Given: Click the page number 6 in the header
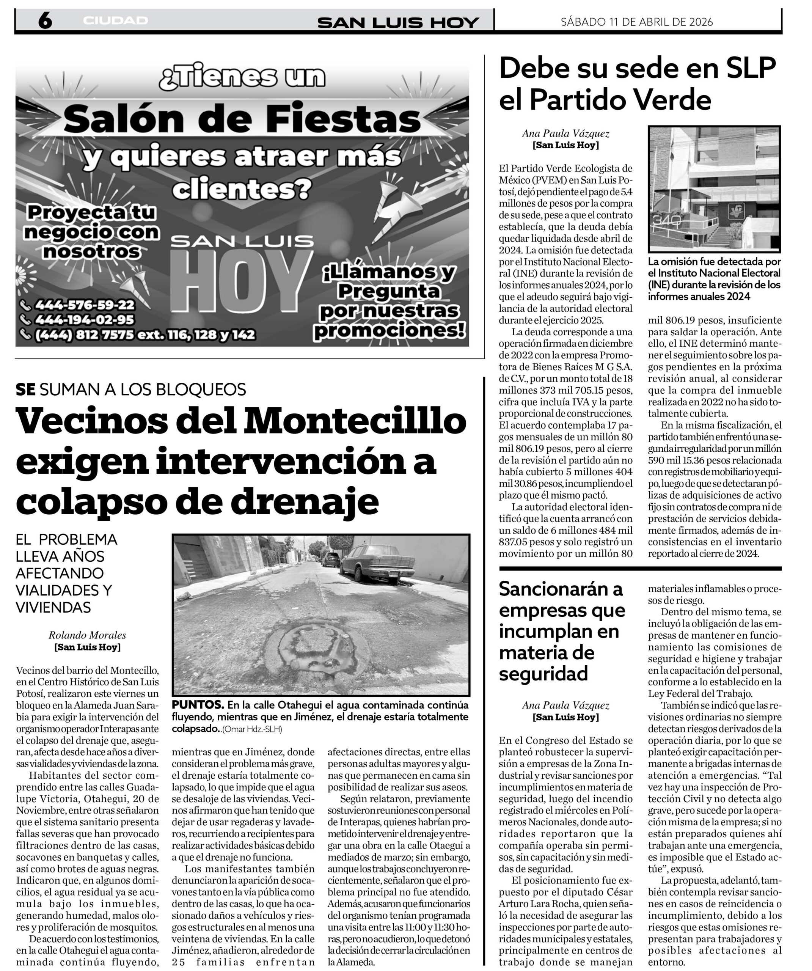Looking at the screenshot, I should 44,21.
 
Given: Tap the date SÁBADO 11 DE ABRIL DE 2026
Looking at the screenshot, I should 637,22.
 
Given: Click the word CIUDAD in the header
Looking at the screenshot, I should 116,21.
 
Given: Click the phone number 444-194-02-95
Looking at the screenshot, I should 85,319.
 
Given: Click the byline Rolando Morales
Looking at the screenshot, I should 87,635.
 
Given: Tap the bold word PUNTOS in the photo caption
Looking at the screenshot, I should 198,705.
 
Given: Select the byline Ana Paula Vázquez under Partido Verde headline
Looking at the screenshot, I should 565,134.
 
